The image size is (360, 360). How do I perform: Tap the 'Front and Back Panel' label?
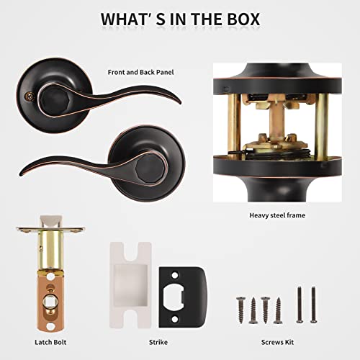click(140, 72)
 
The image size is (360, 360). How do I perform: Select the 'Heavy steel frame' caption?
click(277, 215)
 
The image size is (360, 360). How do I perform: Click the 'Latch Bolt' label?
click(50, 342)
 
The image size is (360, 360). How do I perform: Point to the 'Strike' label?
click(158, 342)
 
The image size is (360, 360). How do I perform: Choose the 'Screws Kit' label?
click(277, 342)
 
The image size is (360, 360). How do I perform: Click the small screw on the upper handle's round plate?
click(30, 96)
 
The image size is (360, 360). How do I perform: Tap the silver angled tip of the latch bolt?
click(51, 221)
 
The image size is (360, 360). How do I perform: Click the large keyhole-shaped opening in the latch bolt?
click(51, 302)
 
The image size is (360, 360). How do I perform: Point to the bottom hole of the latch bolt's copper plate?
click(50, 326)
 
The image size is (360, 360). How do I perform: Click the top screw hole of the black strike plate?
click(176, 275)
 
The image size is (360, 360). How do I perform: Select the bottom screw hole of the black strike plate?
click(176, 319)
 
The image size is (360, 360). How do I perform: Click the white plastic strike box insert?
click(130, 285)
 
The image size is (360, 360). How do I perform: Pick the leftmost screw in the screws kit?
click(240, 310)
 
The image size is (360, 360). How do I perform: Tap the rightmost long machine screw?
click(313, 305)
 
